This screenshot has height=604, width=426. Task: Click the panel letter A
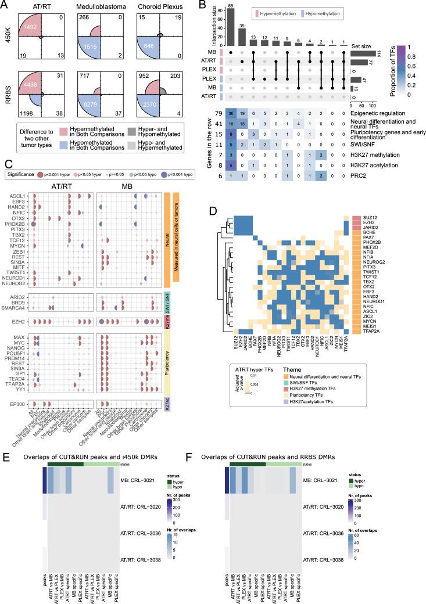(x=5, y=5)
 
